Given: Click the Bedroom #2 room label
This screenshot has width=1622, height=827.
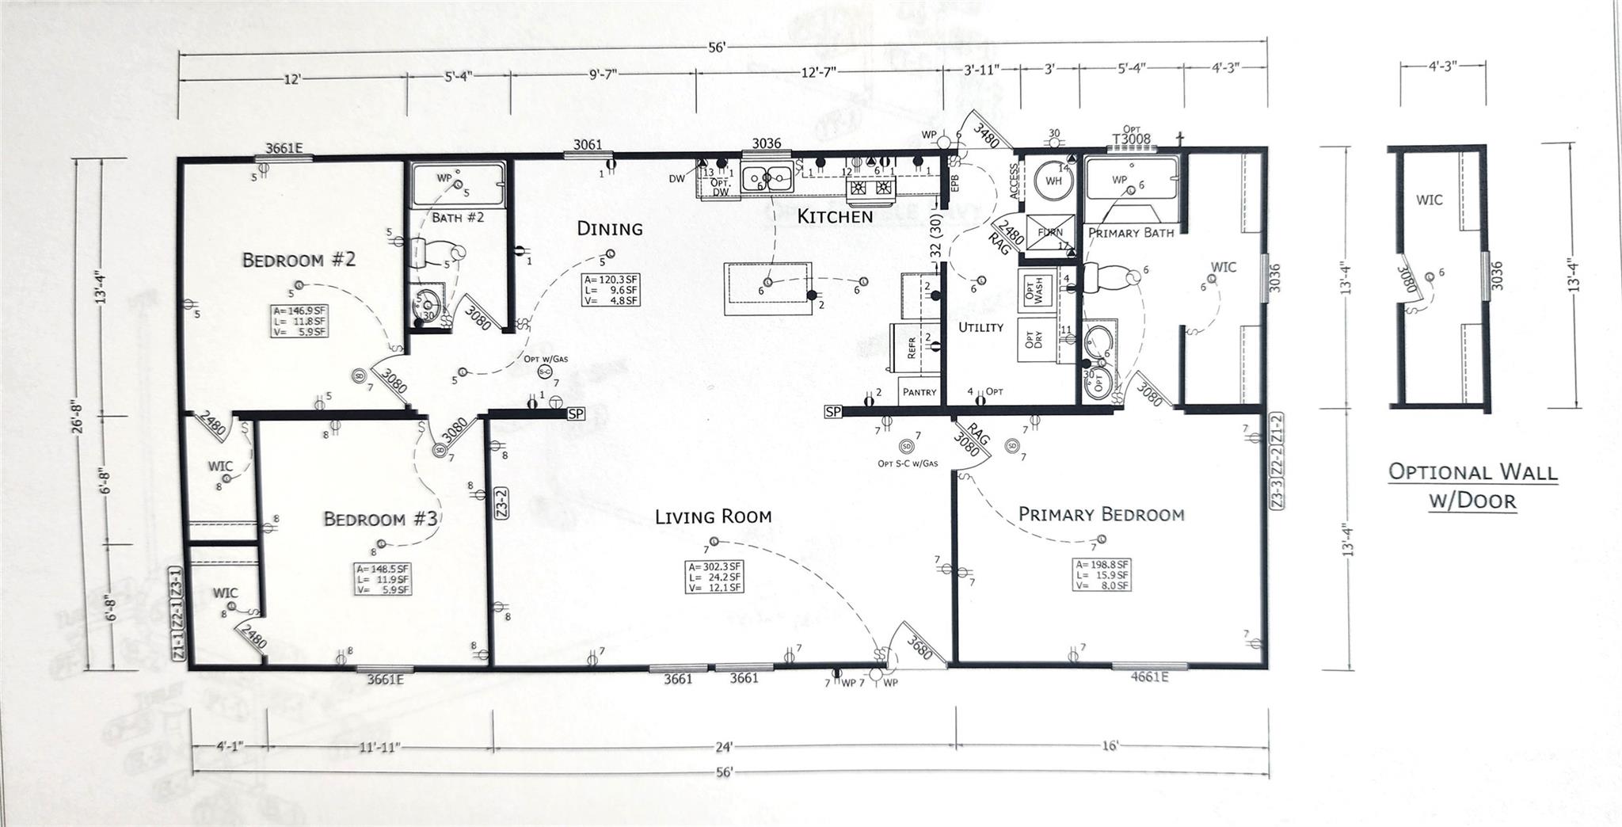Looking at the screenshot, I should click(299, 260).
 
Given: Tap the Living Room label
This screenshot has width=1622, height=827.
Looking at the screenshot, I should click(713, 517).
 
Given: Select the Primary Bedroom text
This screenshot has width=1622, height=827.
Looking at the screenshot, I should click(1101, 514).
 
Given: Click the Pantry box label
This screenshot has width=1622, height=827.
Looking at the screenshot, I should click(920, 392).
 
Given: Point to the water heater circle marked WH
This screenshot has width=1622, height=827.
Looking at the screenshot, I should click(1053, 181).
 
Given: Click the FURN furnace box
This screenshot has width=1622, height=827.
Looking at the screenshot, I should click(1050, 233).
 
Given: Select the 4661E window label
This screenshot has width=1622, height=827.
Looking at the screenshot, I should click(1148, 677).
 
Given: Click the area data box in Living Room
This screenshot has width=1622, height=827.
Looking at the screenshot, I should click(715, 577).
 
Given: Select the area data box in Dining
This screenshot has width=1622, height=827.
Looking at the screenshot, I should click(611, 290).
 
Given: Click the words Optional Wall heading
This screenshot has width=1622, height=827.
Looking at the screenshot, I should click(1472, 473).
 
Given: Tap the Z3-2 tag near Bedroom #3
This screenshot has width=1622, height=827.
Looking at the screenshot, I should click(501, 505).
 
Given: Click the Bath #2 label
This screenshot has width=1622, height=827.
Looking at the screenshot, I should click(457, 217).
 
